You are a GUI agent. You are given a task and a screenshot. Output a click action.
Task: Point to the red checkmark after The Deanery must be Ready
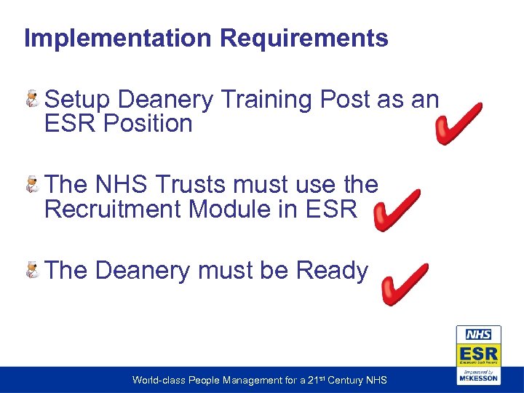tap(405, 284)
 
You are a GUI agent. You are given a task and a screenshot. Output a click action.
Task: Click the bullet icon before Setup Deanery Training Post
tap(33, 100)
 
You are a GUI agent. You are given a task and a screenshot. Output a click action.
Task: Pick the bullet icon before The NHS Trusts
tap(33, 186)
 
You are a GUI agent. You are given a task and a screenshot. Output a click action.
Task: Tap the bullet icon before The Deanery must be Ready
tap(33, 271)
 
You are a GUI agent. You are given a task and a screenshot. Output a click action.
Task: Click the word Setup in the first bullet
tap(78, 100)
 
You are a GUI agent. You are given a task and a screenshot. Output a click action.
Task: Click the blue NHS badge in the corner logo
tap(478, 335)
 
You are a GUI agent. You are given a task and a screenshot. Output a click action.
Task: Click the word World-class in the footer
tap(156, 380)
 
